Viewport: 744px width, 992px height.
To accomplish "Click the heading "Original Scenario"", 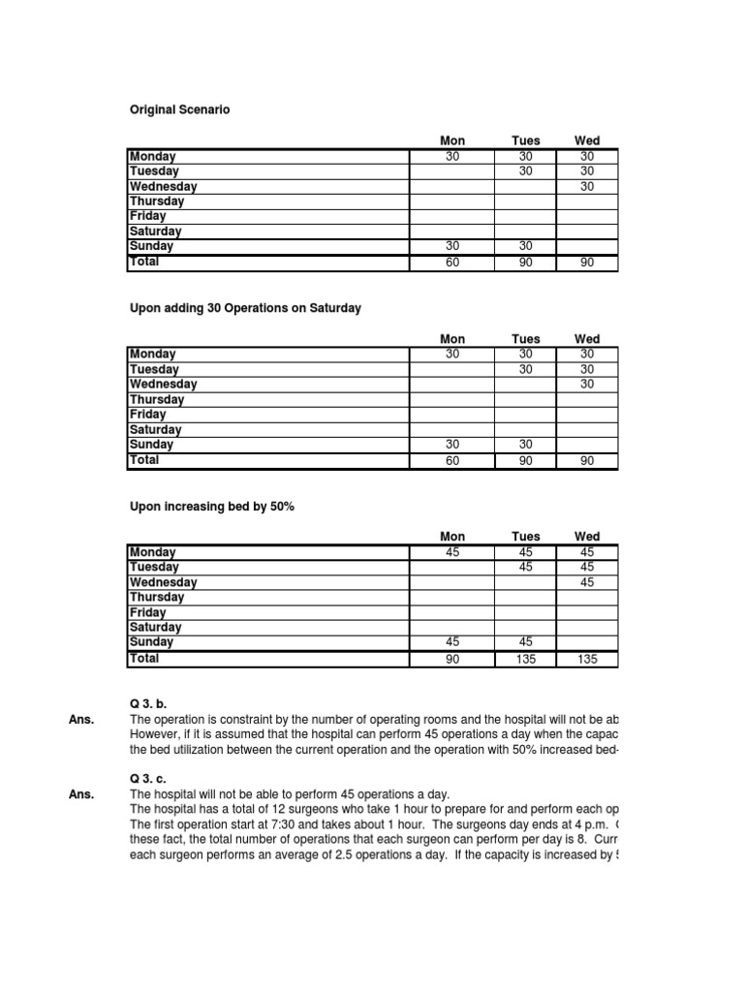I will point(179,110).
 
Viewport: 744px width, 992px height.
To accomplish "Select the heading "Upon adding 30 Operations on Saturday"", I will point(245,308).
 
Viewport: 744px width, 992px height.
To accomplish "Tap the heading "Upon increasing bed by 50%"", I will point(211,507).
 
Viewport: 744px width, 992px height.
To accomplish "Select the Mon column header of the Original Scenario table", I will point(452,140).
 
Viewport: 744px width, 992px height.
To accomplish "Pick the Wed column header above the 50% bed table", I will point(587,536).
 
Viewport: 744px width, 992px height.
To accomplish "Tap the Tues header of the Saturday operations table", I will point(526,339).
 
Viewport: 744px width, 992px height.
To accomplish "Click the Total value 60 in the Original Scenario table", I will point(452,263).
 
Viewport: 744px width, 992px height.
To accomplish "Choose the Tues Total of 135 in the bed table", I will point(526,659).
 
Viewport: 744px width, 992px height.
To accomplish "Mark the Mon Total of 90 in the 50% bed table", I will point(452,659).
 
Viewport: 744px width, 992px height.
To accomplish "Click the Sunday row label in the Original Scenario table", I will point(151,246).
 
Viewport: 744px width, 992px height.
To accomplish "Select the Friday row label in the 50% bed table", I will point(147,612).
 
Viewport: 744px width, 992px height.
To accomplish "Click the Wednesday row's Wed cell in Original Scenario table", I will point(587,186).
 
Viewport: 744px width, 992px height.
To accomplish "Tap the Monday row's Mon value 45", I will point(452,552).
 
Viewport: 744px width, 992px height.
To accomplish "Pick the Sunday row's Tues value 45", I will point(526,641).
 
